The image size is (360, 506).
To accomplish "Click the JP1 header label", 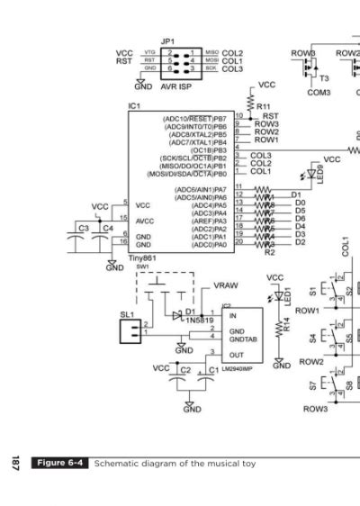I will point(167,41).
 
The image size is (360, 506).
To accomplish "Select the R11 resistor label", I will point(264,106).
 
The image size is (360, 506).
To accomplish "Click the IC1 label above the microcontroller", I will point(134,106).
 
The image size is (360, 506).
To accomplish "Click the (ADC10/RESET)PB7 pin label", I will point(194,118).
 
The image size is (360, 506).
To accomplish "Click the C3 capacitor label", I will point(84,229).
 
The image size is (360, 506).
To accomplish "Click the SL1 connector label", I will point(127,314).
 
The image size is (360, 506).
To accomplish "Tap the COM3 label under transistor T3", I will point(319,92).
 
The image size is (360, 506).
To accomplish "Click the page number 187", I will point(15,464).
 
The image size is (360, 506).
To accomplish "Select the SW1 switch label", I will point(142,267).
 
